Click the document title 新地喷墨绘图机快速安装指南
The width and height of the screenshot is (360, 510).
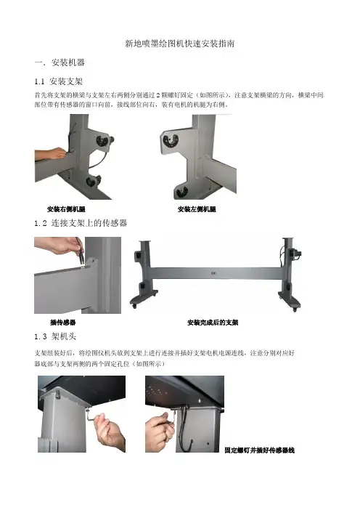click(x=180, y=44)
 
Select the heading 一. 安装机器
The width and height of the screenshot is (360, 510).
click(x=60, y=62)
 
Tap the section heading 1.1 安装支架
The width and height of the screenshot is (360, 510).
click(x=59, y=81)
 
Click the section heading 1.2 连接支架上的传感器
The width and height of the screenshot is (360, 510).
click(x=81, y=223)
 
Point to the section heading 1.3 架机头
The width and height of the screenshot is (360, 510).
click(x=55, y=336)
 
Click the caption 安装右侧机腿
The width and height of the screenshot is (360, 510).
click(x=66, y=209)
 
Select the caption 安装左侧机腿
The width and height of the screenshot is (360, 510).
click(x=197, y=209)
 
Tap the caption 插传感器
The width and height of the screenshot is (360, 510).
click(x=62, y=323)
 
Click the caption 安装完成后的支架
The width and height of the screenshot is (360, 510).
click(x=213, y=323)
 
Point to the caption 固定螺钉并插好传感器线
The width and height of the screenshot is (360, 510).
click(x=260, y=450)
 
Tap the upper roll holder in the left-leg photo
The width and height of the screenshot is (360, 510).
click(x=171, y=139)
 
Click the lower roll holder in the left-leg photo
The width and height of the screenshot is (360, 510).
click(x=181, y=192)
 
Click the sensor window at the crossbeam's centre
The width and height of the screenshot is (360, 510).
click(x=213, y=273)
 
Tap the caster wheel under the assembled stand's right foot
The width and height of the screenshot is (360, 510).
click(x=295, y=309)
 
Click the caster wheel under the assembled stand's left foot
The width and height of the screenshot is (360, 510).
click(x=134, y=306)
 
